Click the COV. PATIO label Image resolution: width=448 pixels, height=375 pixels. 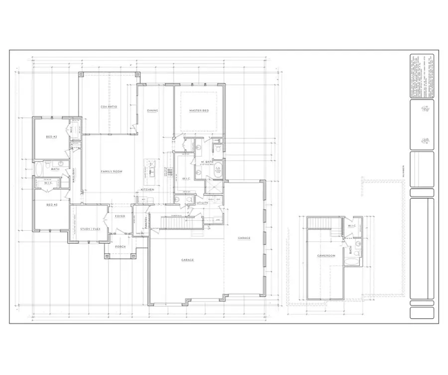[x=109, y=106]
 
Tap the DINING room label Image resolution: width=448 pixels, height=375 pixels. [x=152, y=110]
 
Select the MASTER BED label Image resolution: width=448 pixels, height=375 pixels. [x=199, y=110]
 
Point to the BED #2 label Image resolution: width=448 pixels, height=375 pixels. [x=51, y=136]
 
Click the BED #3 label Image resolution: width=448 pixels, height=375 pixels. [x=51, y=204]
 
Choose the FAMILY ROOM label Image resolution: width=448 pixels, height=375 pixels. [x=112, y=172]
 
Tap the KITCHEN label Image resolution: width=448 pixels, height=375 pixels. [x=147, y=189]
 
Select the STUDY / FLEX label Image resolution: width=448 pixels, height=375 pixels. [x=91, y=229]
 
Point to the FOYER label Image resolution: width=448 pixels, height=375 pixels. [x=120, y=216]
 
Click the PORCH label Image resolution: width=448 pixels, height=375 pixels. [x=120, y=246]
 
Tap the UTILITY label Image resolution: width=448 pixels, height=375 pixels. [x=202, y=203]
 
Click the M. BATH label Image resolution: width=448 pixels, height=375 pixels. [x=207, y=162]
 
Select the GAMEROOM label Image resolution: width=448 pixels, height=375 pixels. [x=327, y=256]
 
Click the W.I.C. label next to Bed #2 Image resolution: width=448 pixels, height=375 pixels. [x=72, y=130]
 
